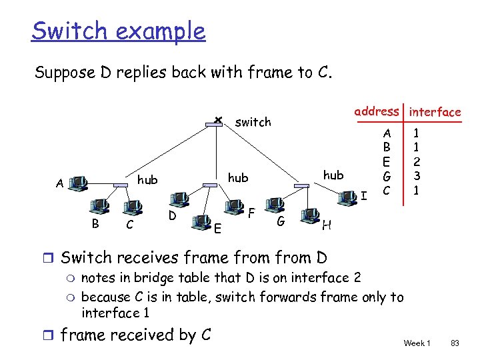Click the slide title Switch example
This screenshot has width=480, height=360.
pos(119,31)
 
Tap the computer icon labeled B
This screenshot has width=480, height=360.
pos(102,206)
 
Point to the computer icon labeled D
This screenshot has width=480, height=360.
pos(179,199)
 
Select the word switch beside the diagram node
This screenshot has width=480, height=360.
pos(253,122)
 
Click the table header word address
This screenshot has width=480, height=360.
pos(377,111)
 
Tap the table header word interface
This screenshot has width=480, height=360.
pos(435,112)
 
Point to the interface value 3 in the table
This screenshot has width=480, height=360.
pos(415,176)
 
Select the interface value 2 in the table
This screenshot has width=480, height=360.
pos(415,161)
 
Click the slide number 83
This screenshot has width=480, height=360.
pos(455,343)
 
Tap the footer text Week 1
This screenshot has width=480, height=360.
pos(417,343)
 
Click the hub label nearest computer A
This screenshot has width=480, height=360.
pos(147,180)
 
